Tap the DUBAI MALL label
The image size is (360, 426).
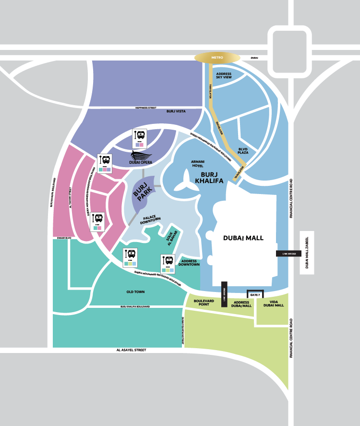click(x=243, y=238)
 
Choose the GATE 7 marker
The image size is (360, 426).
click(x=255, y=294)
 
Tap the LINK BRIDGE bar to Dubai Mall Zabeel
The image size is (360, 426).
click(x=288, y=253)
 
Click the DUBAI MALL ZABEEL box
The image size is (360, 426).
click(x=307, y=253)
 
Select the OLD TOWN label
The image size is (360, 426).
click(x=135, y=292)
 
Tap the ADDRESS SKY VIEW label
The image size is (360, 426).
click(x=224, y=75)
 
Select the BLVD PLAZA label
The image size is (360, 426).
click(x=243, y=151)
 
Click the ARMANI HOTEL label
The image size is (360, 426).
click(x=198, y=163)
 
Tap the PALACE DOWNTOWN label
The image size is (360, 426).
click(x=151, y=220)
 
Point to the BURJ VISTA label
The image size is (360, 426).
click(x=176, y=111)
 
